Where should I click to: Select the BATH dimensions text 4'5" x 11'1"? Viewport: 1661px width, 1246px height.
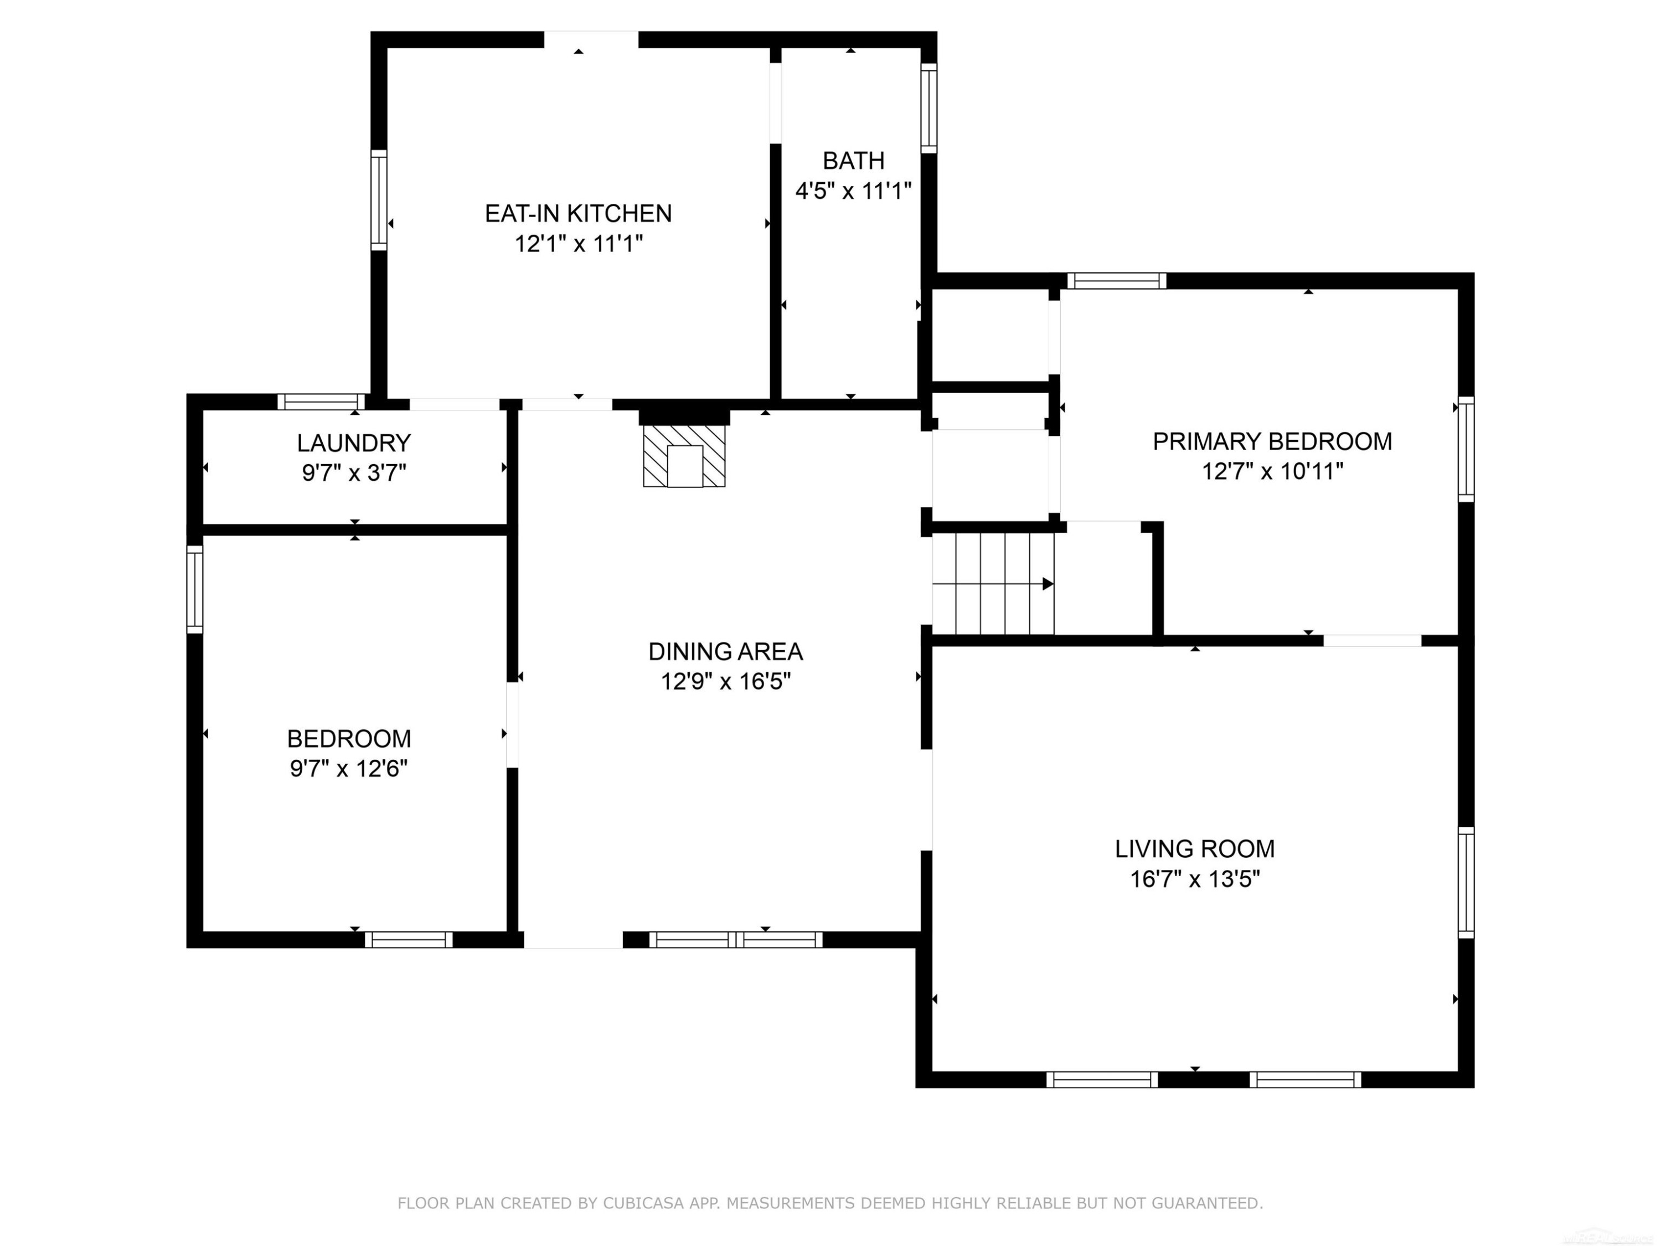tap(853, 190)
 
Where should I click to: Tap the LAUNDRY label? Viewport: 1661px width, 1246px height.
tap(354, 443)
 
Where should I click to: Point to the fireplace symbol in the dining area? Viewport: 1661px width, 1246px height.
tap(684, 456)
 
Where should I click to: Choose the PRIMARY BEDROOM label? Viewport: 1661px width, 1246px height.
tap(1272, 441)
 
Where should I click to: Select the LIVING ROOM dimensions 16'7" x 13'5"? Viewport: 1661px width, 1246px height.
tap(1195, 879)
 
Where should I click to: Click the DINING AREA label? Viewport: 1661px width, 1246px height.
tap(725, 651)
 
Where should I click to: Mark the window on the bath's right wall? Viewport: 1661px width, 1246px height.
tap(929, 108)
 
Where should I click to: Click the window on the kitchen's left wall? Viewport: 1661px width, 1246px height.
tap(379, 200)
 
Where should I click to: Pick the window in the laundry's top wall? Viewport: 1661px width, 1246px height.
tap(321, 402)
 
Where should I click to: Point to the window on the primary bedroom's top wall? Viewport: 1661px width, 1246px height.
tap(1117, 281)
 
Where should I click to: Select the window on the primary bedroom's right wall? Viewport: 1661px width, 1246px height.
tap(1466, 449)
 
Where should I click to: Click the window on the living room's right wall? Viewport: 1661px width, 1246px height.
tap(1466, 883)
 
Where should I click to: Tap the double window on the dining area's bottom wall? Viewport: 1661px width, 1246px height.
tap(736, 940)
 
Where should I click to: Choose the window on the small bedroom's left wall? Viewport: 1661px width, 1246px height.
tap(194, 590)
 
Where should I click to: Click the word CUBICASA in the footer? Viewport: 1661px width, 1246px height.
tap(643, 1203)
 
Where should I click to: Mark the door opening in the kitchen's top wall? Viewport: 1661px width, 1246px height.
tap(591, 40)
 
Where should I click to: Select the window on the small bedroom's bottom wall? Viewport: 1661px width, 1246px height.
tap(409, 940)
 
